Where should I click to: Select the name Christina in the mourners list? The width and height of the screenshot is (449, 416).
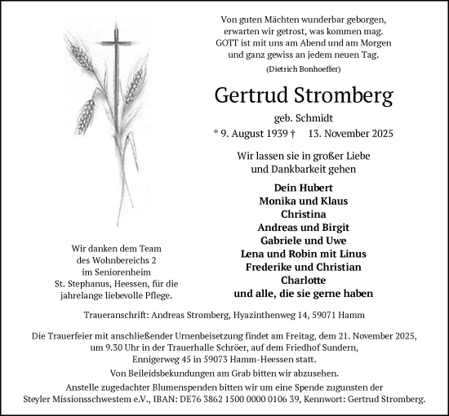pos(303,214)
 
